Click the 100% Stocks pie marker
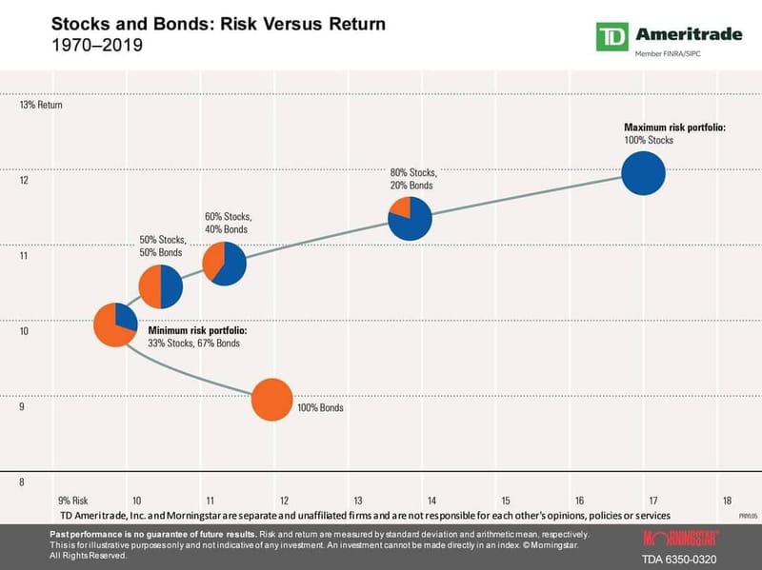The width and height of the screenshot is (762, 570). (643, 174)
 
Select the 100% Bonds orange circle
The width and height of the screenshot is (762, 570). (271, 400)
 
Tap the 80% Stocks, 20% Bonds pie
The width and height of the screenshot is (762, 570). (411, 218)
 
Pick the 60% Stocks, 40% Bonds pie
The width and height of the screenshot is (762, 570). (225, 263)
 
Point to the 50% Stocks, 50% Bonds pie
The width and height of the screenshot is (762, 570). (161, 286)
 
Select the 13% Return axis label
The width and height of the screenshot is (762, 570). (41, 105)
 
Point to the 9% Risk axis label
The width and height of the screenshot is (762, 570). (73, 500)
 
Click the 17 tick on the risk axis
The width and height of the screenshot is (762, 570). (653, 500)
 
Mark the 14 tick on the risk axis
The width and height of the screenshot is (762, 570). (431, 500)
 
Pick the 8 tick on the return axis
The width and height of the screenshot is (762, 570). (24, 482)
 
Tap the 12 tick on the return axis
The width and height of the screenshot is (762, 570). (25, 181)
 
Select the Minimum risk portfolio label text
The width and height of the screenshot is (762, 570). (197, 330)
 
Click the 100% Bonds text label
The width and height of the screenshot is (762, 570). (320, 407)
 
